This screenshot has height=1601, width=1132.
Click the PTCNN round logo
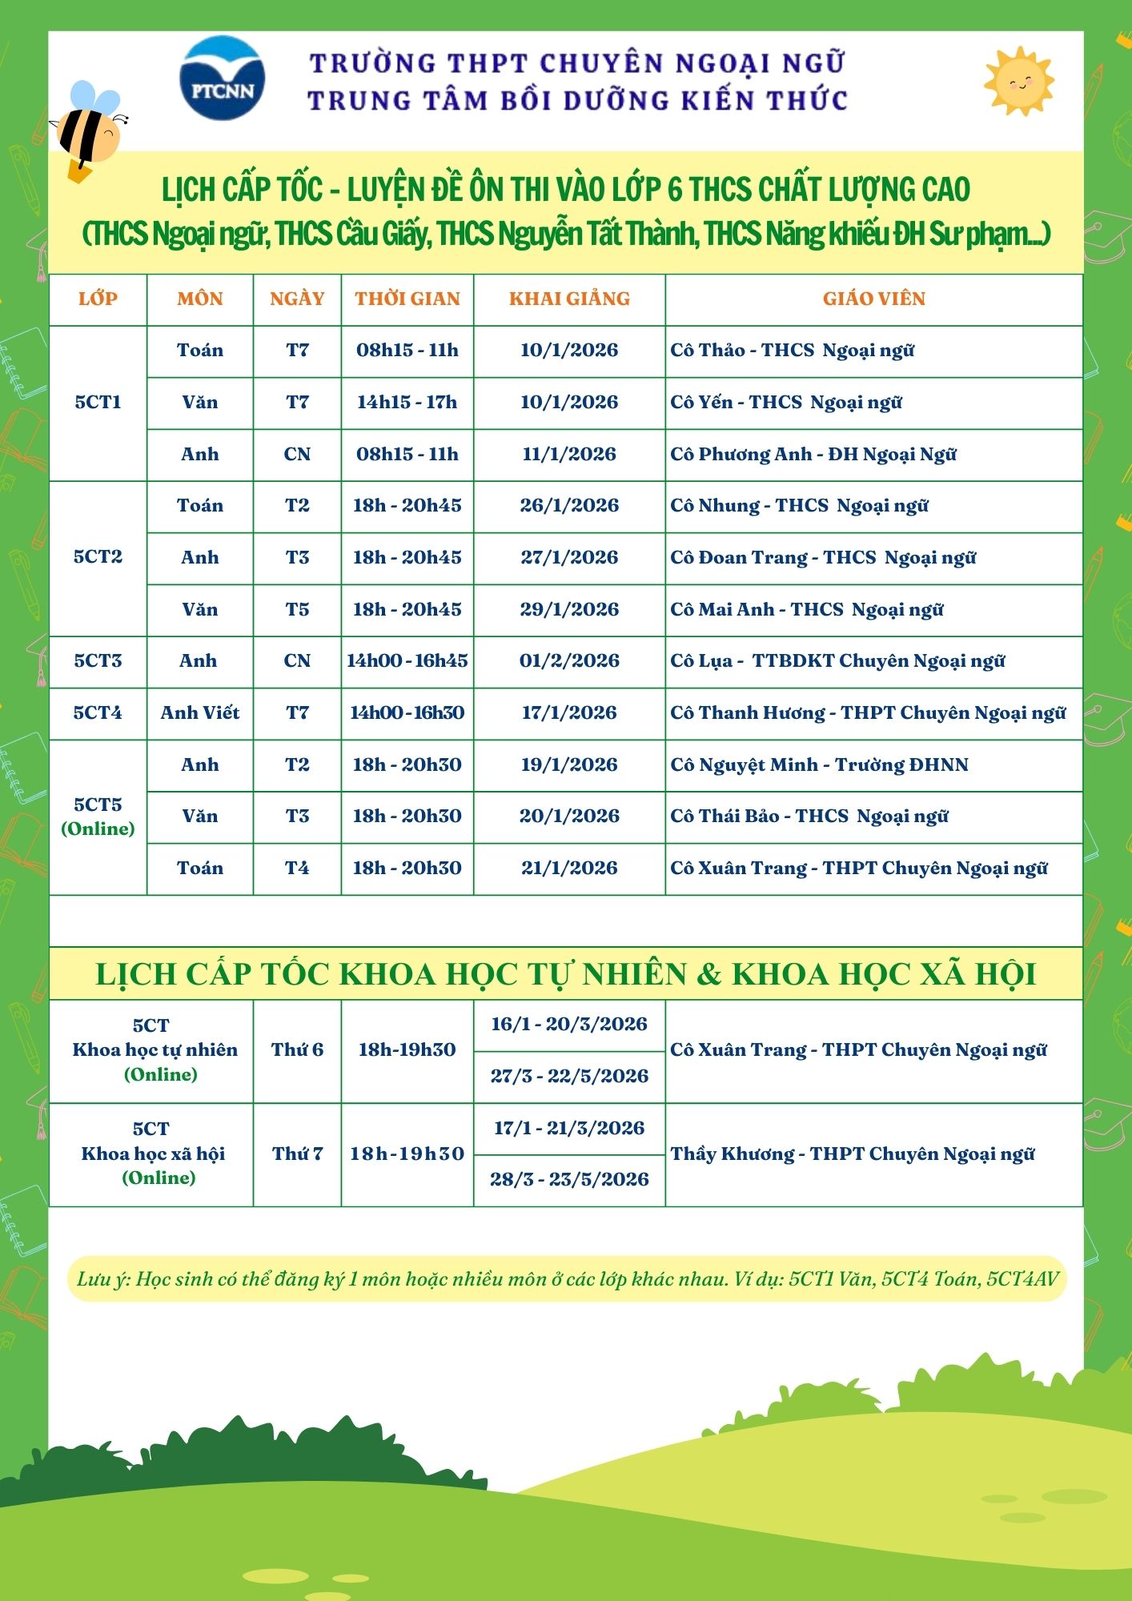(223, 78)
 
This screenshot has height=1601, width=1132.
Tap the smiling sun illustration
(1018, 81)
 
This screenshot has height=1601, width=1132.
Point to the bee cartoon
(88, 129)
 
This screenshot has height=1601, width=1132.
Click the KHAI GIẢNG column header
(569, 299)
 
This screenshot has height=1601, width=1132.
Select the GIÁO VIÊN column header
(873, 299)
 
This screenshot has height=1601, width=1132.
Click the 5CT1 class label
(98, 402)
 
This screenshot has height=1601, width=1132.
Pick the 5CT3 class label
(98, 661)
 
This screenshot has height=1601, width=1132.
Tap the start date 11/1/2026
(569, 455)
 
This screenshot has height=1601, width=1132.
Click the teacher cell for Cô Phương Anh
(813, 455)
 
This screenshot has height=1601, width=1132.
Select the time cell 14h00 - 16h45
(407, 661)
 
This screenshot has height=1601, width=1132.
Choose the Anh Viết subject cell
(200, 713)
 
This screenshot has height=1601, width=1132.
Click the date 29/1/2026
(569, 610)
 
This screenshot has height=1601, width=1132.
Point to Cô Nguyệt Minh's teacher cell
(819, 765)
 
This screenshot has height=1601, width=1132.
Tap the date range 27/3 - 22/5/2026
(569, 1077)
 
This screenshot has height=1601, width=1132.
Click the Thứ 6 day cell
(297, 1050)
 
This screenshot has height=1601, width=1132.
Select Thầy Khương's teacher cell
(853, 1154)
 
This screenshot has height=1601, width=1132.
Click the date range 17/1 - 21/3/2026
(569, 1129)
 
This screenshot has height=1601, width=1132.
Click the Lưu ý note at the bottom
(567, 1279)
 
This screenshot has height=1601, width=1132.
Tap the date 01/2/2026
(569, 661)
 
